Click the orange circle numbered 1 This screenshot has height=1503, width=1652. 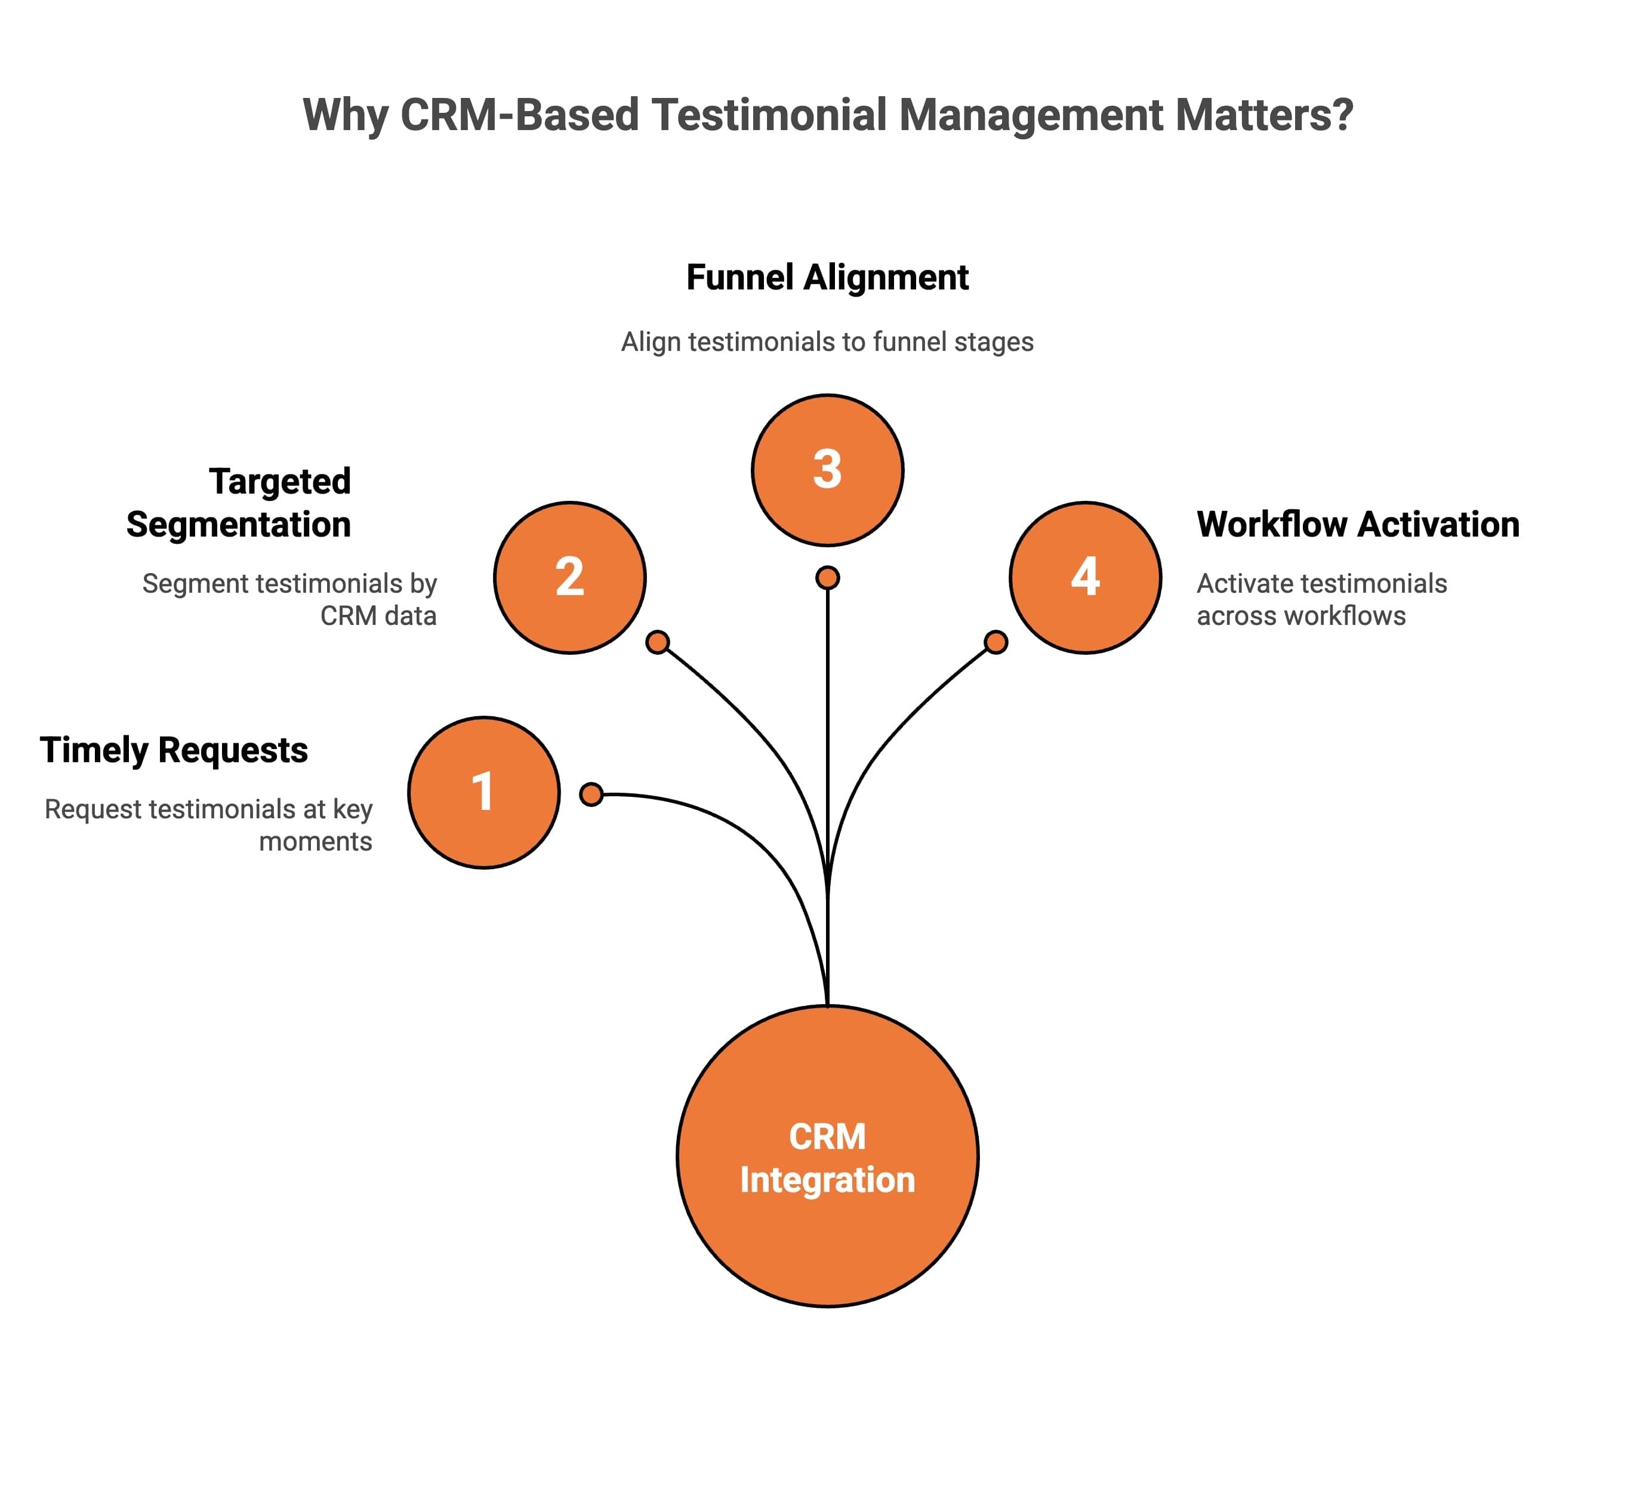483,793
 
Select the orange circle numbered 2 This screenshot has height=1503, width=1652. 569,578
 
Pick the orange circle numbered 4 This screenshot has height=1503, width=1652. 1085,578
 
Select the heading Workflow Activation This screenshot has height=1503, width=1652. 1358,525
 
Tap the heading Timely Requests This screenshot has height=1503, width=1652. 174,750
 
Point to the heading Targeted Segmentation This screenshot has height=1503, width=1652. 239,503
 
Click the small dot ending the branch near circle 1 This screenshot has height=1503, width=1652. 591,794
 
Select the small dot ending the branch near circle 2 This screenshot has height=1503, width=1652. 657,642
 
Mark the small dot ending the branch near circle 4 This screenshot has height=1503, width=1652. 995,642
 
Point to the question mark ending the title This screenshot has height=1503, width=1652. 1342,115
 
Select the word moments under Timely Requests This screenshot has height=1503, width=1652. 316,842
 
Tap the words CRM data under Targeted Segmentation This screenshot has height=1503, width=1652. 378,615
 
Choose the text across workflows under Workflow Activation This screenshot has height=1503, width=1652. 1300,615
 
